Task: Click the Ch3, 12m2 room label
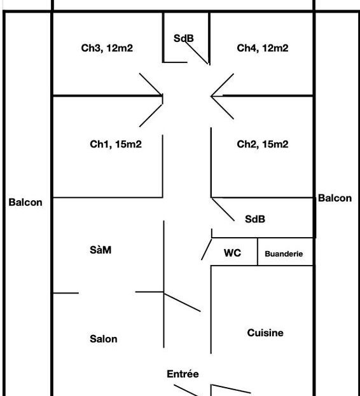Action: (107, 48)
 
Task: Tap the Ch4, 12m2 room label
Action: (263, 48)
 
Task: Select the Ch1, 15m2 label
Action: (116, 144)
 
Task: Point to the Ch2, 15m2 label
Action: (263, 144)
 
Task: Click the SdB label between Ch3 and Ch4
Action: (184, 38)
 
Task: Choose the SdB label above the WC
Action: (255, 219)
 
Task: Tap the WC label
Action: (232, 253)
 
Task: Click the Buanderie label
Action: (284, 254)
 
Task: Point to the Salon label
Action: (103, 339)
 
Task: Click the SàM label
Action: (100, 250)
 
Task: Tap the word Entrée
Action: (183, 374)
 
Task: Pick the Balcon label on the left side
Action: (25, 202)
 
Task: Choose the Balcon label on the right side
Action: (335, 198)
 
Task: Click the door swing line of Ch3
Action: (151, 85)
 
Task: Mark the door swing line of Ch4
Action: (223, 85)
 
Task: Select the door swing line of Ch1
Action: (151, 116)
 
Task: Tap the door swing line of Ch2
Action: (223, 107)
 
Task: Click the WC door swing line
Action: (207, 249)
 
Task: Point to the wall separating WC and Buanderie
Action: (258, 252)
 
